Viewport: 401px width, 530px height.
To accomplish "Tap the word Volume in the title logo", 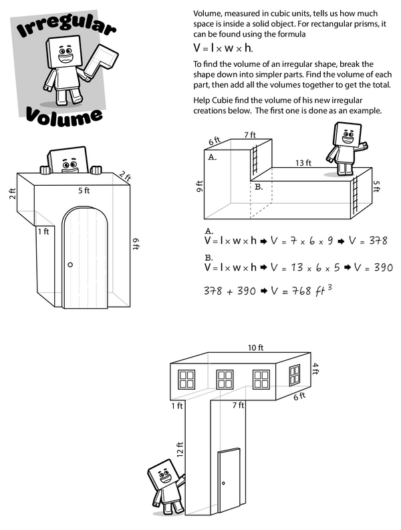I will coord(65,114).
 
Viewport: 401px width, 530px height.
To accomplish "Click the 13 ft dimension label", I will coord(304,162).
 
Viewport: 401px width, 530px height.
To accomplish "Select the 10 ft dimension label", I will coord(257,348).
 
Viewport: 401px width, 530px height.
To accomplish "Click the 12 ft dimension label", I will coord(180,452).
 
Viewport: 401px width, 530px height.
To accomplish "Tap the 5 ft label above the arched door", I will coord(85,190).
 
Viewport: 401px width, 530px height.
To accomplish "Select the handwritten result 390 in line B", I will coord(381,267).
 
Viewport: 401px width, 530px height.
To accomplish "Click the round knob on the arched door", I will coord(71,265).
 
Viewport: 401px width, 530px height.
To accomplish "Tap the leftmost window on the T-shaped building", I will coord(184,380).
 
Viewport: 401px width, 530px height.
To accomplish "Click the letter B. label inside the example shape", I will coord(258,188).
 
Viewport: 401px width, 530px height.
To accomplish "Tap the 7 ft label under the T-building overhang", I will coord(238,405).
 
